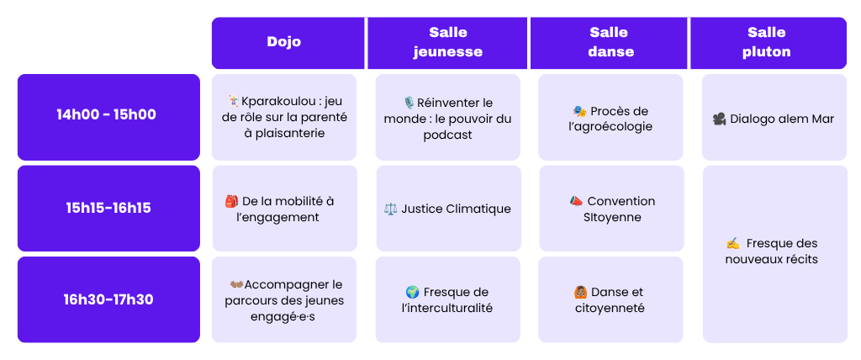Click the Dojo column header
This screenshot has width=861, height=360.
[288, 43]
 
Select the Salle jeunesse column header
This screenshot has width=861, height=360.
[447, 43]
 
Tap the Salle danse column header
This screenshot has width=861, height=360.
[609, 43]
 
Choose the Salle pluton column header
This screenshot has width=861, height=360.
[769, 43]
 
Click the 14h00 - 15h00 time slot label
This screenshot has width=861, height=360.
[108, 117]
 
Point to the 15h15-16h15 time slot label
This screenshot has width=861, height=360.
[108, 209]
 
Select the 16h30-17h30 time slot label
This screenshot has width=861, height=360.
[108, 299]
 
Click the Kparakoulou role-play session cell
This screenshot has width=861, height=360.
[284, 117]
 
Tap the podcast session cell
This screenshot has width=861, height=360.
[447, 117]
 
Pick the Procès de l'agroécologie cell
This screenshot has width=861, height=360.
[610, 117]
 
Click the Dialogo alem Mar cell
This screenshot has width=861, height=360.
[774, 117]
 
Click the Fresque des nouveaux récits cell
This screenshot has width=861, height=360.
[774, 254]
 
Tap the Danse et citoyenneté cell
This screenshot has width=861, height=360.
[610, 299]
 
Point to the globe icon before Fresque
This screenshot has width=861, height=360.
[412, 292]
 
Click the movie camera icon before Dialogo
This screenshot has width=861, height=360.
[719, 119]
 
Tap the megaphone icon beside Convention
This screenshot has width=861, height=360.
[575, 201]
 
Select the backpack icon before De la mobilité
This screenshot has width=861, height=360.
[231, 201]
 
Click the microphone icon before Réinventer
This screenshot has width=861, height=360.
[409, 103]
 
